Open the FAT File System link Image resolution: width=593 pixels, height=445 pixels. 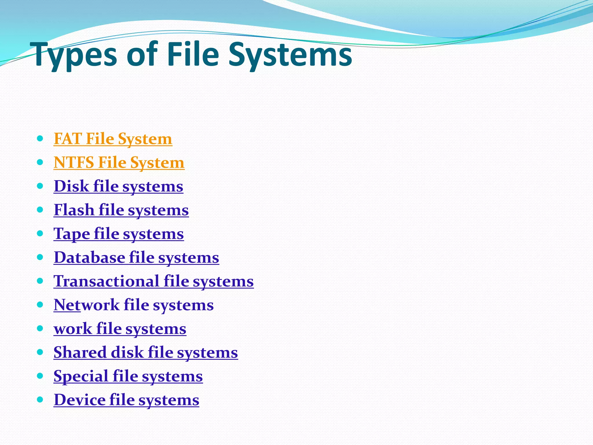113,139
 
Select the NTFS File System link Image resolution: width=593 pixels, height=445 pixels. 119,163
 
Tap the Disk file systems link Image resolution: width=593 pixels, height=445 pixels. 118,186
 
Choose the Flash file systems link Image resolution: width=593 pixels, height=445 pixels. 121,210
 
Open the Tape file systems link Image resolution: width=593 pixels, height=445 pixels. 119,234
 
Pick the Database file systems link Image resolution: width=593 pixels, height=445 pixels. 136,258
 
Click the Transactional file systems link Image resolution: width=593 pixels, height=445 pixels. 153,281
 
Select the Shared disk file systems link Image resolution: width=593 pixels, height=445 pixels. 146,353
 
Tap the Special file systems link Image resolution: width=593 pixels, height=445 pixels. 128,376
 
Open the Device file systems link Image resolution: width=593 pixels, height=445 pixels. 126,400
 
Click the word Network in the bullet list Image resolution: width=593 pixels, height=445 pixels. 87,305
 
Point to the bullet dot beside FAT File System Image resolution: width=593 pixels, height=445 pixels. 40,138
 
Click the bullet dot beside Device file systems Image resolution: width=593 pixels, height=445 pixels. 40,400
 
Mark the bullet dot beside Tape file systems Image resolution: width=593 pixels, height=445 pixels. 40,233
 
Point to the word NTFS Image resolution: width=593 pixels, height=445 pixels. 74,163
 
